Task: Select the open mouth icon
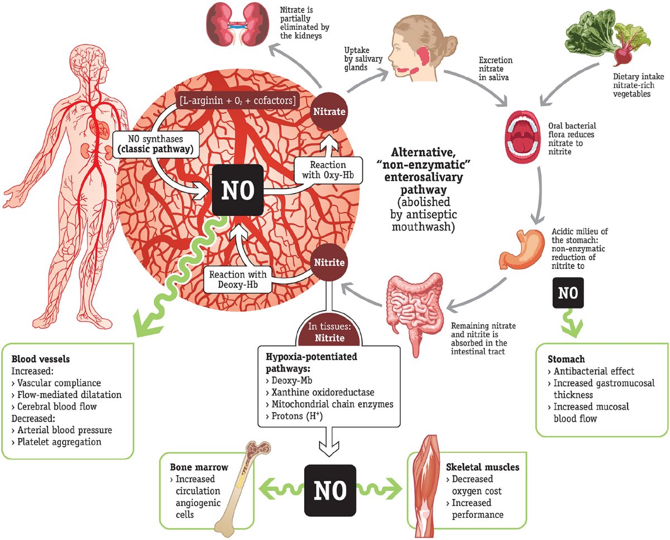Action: tap(522, 137)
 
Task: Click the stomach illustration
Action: tap(520, 248)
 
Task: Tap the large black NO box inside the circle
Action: tap(238, 191)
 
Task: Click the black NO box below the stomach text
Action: tap(568, 292)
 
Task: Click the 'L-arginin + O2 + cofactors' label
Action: tap(237, 100)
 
